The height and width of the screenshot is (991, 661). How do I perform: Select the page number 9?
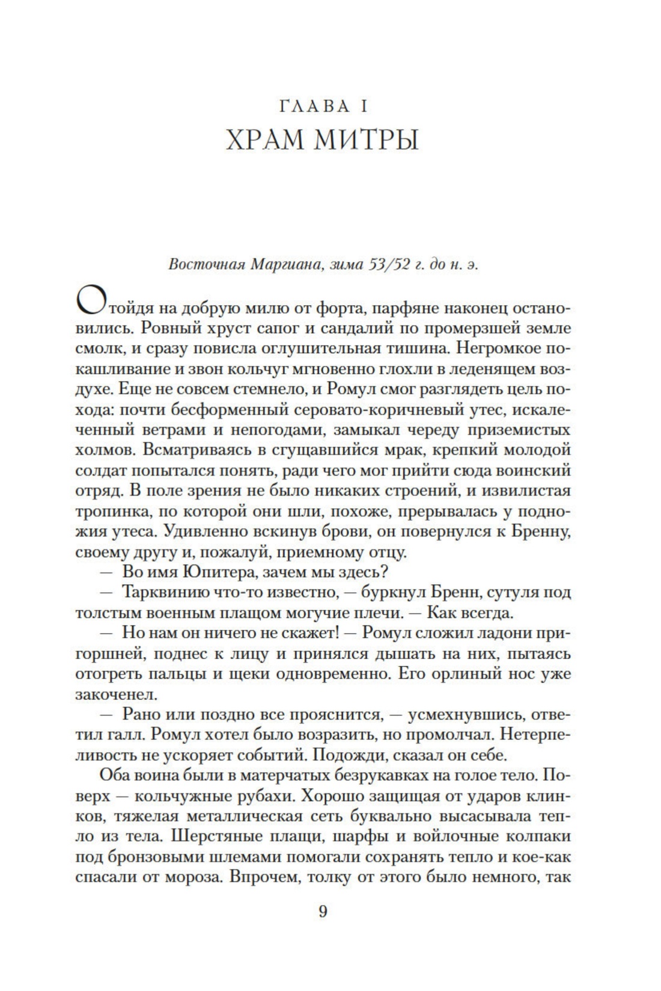click(323, 912)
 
